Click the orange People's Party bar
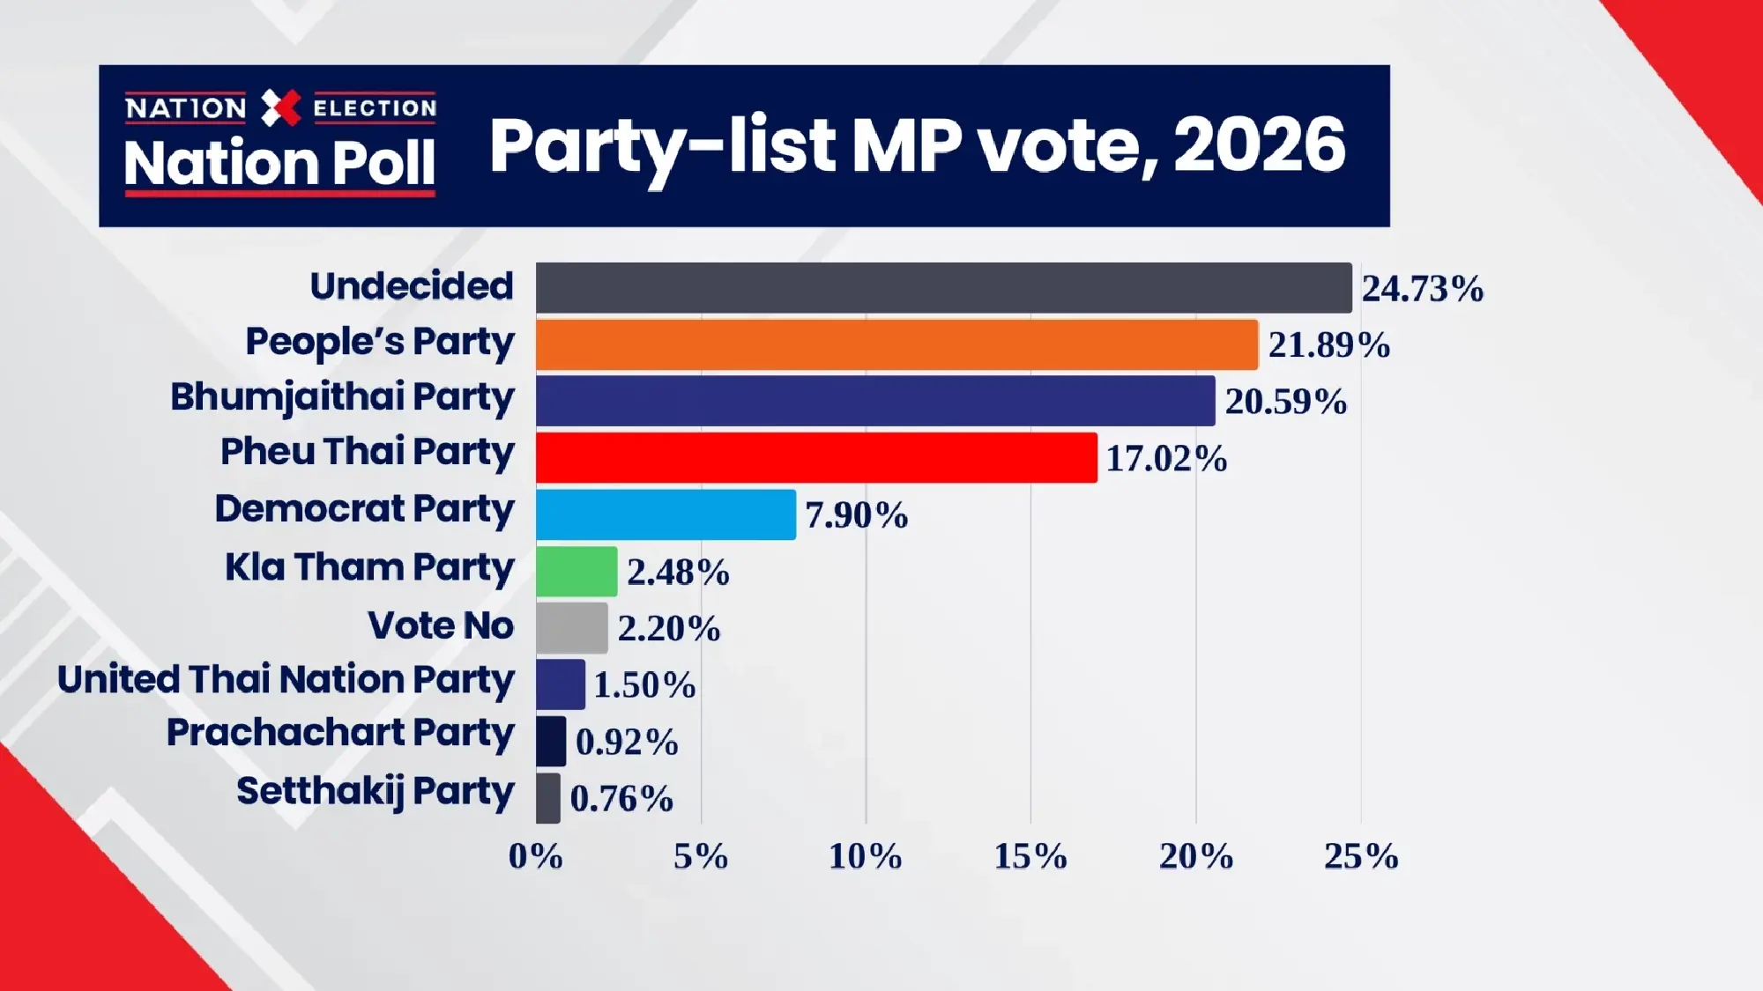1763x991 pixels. coord(896,344)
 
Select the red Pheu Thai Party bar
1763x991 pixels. coord(816,457)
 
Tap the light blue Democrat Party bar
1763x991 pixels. coord(666,514)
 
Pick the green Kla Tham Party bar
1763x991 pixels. coord(577,572)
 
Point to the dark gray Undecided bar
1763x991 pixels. coord(943,287)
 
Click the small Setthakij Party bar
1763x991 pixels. coord(548,798)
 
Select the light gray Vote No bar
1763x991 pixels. coord(572,628)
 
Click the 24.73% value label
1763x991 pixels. coord(1422,289)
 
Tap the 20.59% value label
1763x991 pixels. coord(1285,402)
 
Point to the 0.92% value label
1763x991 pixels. coord(627,742)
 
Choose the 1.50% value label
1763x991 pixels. coord(644,685)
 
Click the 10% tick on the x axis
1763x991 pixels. coord(865,856)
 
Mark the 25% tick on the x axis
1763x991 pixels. coord(1360,856)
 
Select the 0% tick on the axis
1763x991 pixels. coord(535,856)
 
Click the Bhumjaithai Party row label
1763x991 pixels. coord(342,398)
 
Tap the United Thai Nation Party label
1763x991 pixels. coord(286,681)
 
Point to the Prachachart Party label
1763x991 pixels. coord(340,734)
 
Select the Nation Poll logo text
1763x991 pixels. coord(279,164)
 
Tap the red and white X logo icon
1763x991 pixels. coord(281,108)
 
